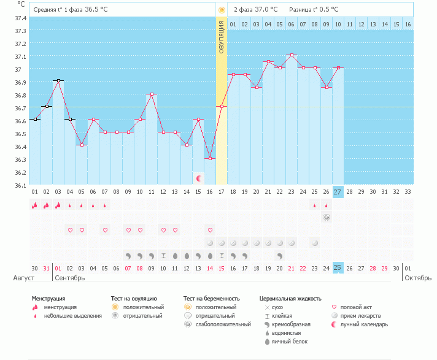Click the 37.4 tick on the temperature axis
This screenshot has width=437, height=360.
(20, 18)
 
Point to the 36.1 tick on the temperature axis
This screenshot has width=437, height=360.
(20, 185)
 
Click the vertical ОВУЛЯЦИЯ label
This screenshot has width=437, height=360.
(222, 36)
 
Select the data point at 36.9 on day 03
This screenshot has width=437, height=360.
(58, 80)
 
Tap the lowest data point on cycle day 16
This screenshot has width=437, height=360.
(210, 158)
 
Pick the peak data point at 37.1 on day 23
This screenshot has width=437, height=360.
(292, 55)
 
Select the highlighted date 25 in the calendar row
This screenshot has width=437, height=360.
(337, 268)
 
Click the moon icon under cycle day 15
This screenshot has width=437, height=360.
(198, 178)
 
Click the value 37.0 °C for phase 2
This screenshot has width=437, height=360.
(266, 10)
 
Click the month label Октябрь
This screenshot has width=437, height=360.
(417, 278)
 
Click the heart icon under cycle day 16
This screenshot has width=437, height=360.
(210, 230)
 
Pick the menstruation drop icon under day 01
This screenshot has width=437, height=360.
(34, 205)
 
